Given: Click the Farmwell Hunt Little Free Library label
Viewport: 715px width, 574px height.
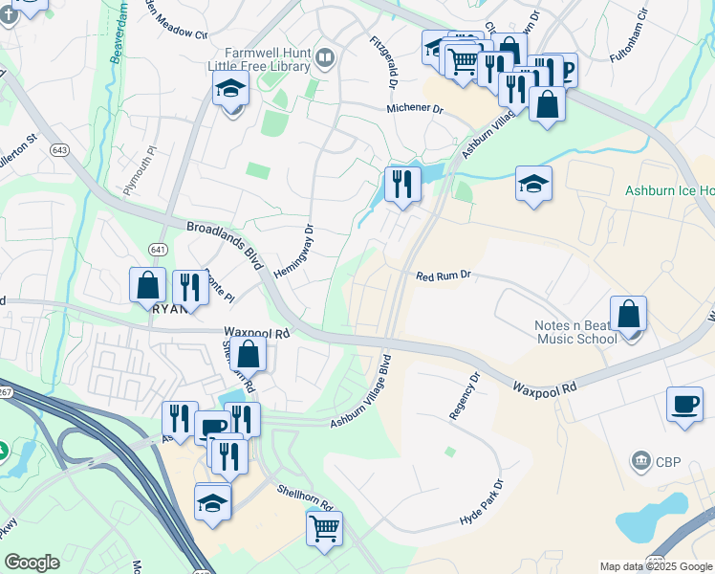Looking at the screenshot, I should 259,59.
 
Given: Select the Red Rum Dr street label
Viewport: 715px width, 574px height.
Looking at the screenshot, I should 444,276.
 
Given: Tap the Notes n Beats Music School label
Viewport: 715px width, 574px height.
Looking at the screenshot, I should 575,332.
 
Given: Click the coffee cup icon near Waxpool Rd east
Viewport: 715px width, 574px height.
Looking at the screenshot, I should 684,403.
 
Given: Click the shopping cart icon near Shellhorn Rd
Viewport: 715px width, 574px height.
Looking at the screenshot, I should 324,527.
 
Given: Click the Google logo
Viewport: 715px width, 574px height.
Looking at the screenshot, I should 32,563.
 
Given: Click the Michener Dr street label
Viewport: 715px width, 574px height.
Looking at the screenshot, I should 415,109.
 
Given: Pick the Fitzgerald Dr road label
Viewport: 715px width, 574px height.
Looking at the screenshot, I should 384,61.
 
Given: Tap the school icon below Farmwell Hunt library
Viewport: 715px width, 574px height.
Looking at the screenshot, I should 230,91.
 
